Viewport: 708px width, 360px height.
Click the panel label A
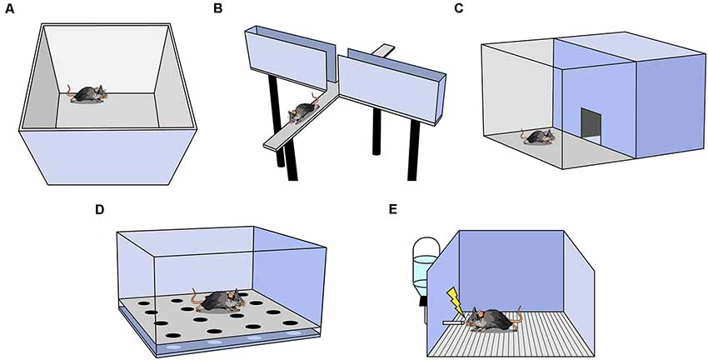coord(9,8)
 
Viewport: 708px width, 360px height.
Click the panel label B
coord(217,8)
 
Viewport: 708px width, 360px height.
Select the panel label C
coord(459,8)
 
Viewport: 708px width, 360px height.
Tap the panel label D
coord(99,210)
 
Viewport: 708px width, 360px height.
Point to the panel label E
coord(393,210)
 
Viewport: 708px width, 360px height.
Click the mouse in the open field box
coord(88,93)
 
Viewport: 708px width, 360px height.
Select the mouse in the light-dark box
coord(538,136)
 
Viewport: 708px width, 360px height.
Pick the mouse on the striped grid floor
coord(491,319)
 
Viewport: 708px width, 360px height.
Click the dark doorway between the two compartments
coord(591,126)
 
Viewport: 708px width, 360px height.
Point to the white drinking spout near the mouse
coord(453,323)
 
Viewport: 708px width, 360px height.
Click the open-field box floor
coord(107,110)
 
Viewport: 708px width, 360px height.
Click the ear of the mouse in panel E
coord(481,314)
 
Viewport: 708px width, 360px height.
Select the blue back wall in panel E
coord(511,271)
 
